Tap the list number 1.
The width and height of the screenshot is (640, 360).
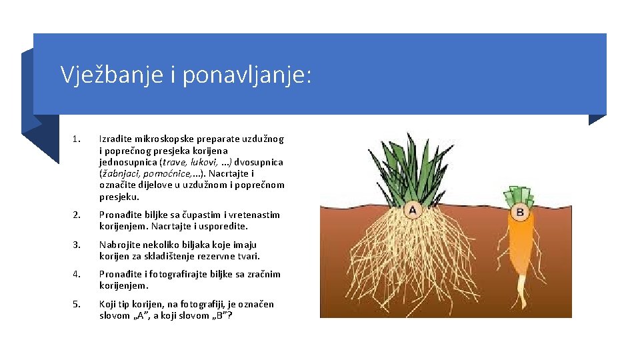click(x=77, y=139)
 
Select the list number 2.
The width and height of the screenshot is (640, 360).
click(x=77, y=215)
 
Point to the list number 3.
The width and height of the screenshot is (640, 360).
click(x=77, y=245)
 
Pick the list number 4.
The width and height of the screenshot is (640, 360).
click(x=77, y=274)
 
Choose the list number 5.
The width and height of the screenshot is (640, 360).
click(x=77, y=304)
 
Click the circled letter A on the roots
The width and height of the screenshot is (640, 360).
click(x=412, y=211)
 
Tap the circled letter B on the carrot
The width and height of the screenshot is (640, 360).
click(x=520, y=213)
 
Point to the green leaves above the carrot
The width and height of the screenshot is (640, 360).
click(x=520, y=195)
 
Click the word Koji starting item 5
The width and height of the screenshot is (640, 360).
click(x=107, y=304)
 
